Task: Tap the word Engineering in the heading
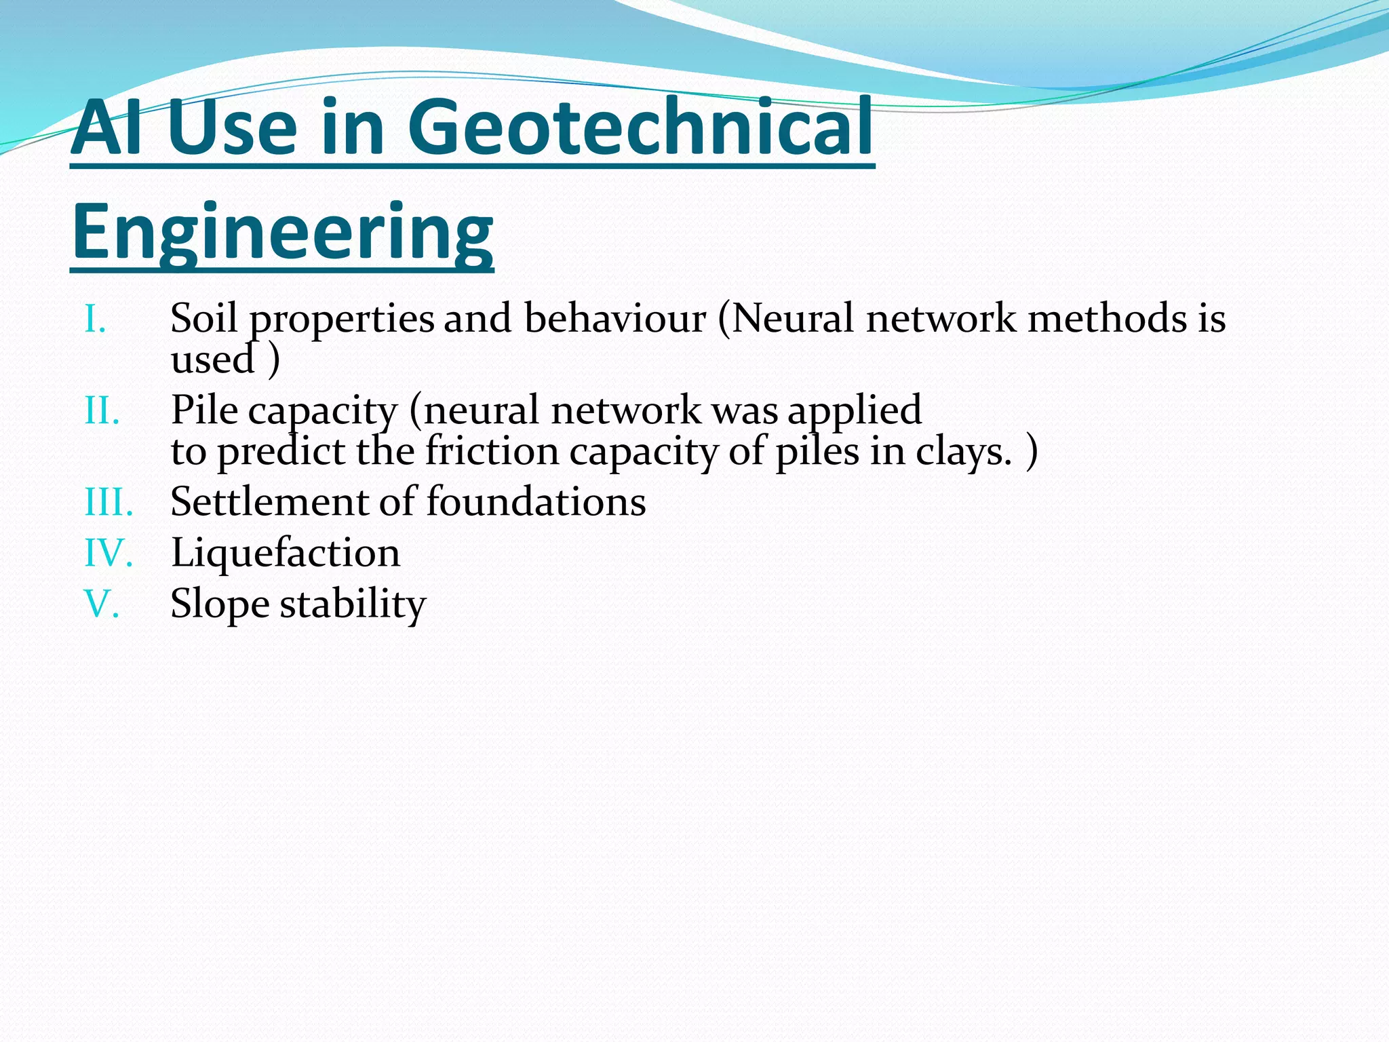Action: point(282,232)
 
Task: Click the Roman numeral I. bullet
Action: point(96,319)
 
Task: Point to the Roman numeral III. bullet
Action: point(109,503)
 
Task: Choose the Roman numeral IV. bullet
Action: point(108,554)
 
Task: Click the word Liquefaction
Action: point(286,554)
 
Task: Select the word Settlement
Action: point(269,503)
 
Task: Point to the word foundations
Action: point(536,503)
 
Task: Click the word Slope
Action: point(220,604)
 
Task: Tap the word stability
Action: point(353,604)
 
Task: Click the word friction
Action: point(492,452)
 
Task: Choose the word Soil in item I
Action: point(204,319)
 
